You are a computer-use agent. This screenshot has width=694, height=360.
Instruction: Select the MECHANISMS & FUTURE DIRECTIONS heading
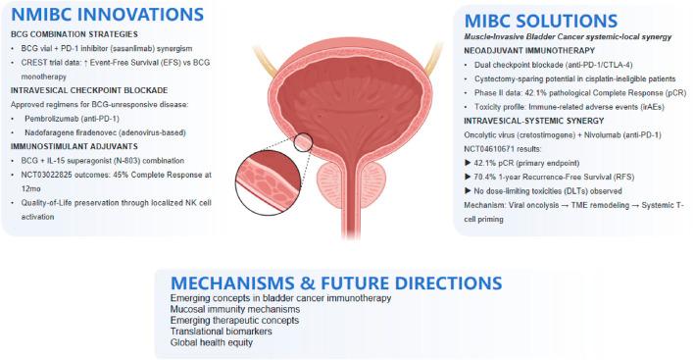(x=336, y=283)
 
